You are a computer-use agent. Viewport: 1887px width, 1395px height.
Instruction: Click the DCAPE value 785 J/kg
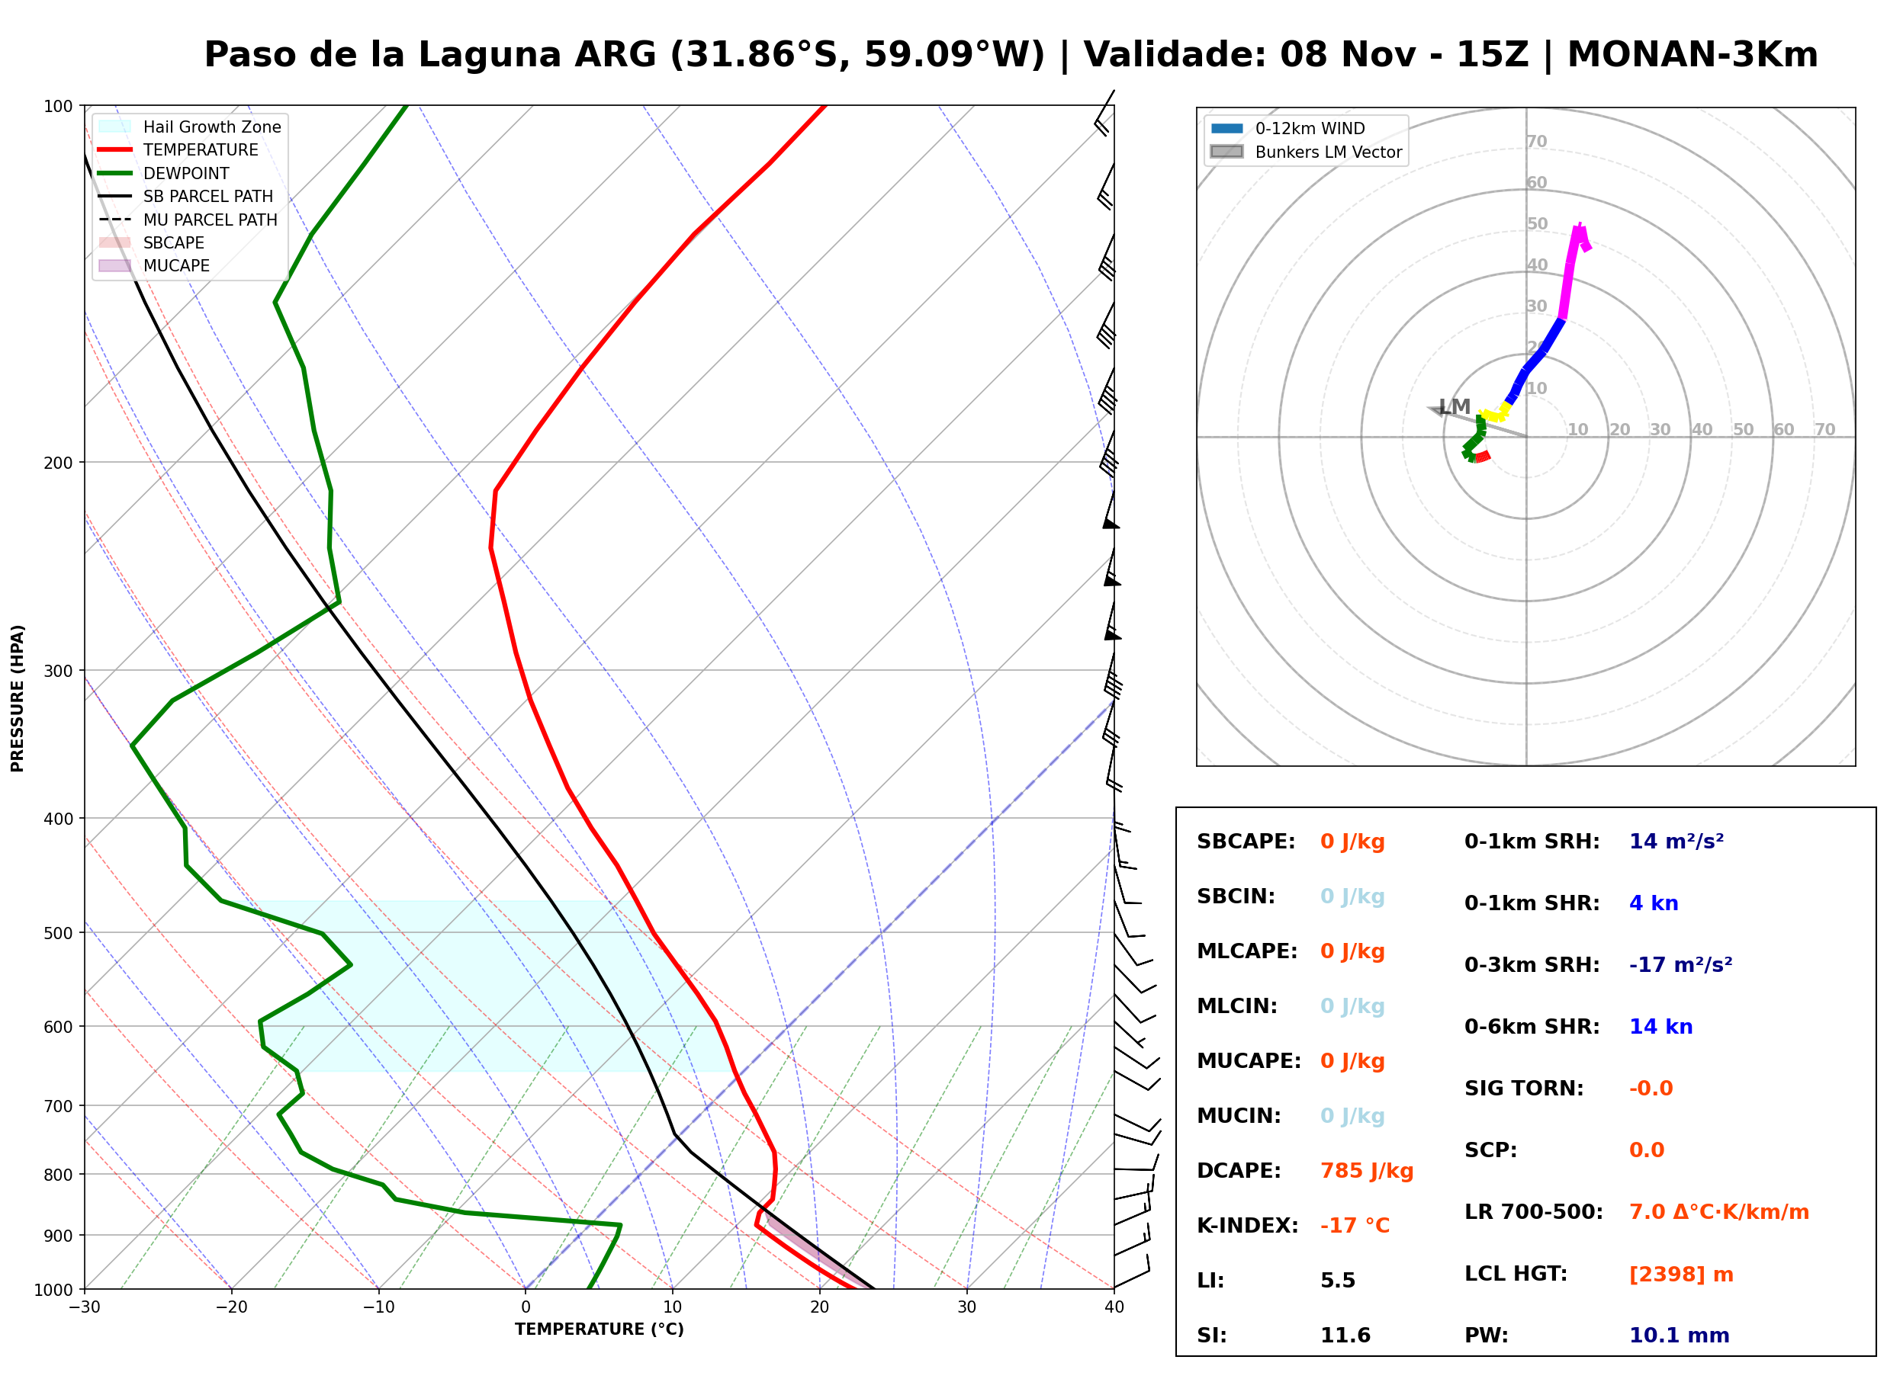pyautogui.click(x=1367, y=1171)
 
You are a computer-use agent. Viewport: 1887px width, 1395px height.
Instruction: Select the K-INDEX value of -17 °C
pyautogui.click(x=1355, y=1226)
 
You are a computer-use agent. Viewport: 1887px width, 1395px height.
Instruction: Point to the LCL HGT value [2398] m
pyautogui.click(x=1681, y=1275)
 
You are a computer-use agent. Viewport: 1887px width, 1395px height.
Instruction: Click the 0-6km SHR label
pyautogui.click(x=1532, y=1027)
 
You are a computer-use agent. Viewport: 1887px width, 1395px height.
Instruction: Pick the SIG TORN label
pyautogui.click(x=1524, y=1089)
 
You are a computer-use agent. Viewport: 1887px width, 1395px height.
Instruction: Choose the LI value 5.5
pyautogui.click(x=1338, y=1281)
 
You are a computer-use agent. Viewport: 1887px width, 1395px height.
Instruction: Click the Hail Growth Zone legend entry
pyautogui.click(x=190, y=127)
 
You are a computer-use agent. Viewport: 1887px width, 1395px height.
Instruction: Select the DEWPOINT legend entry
pyautogui.click(x=164, y=173)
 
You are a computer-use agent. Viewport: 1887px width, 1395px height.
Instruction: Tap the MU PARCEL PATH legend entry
pyautogui.click(x=188, y=220)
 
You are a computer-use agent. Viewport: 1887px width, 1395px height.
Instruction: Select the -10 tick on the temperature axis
pyautogui.click(x=378, y=1308)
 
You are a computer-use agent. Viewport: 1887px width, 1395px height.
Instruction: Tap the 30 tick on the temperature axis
pyautogui.click(x=966, y=1308)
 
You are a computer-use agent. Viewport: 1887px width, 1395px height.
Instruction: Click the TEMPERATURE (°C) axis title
pyautogui.click(x=599, y=1330)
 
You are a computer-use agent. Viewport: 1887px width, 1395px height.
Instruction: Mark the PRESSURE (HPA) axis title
pyautogui.click(x=18, y=698)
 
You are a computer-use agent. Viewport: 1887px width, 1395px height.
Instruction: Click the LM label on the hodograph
pyautogui.click(x=1455, y=407)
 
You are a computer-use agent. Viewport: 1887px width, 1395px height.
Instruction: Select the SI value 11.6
pyautogui.click(x=1345, y=1336)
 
